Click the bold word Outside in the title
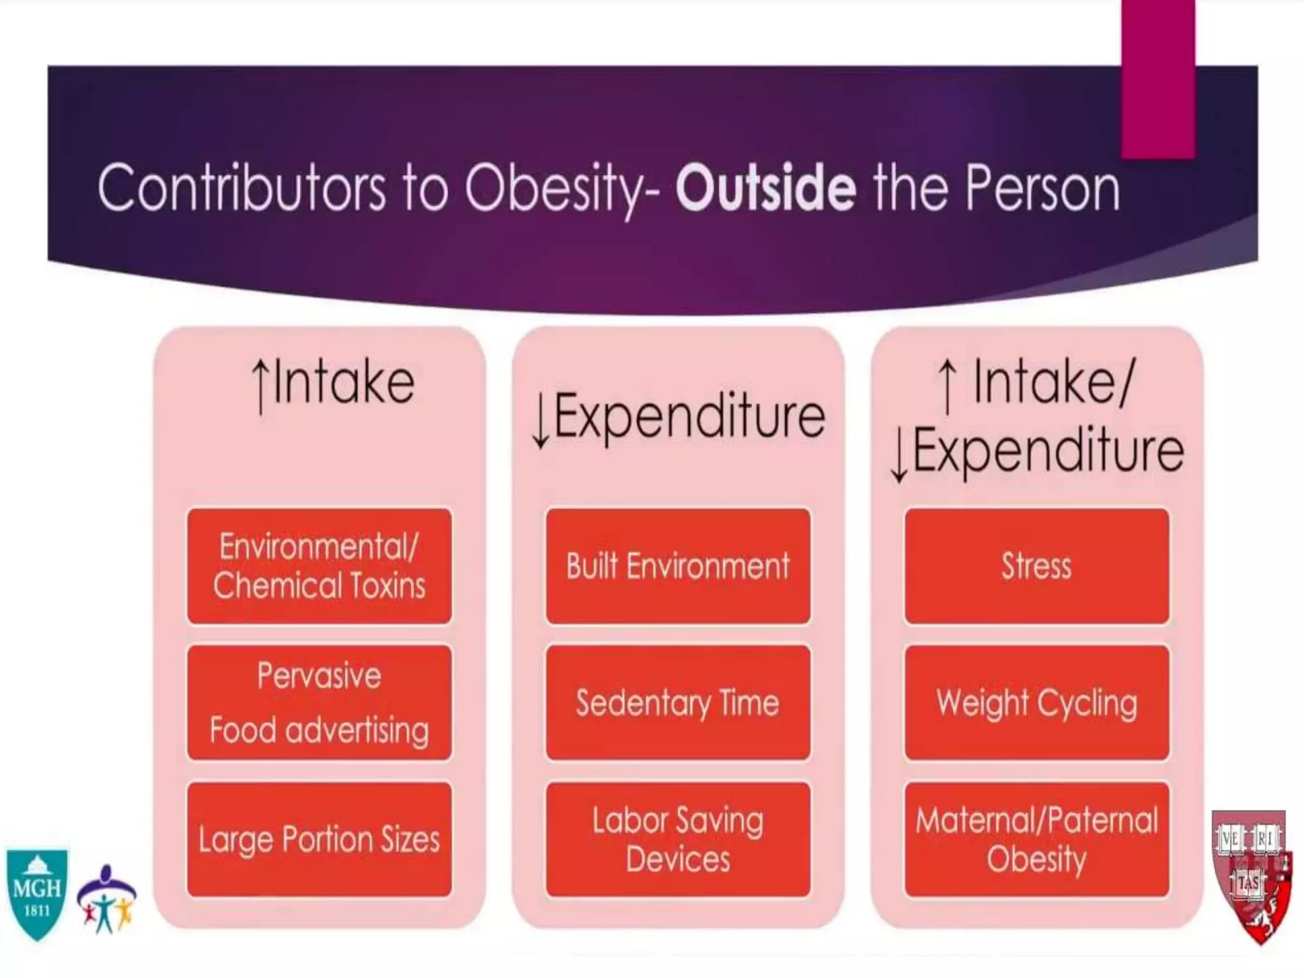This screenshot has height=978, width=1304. pyautogui.click(x=765, y=188)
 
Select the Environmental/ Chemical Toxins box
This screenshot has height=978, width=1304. pyautogui.click(x=319, y=565)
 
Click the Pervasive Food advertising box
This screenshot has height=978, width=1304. pyautogui.click(x=319, y=702)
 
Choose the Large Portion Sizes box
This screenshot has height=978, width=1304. pyautogui.click(x=319, y=839)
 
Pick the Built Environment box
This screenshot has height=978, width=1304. pyautogui.click(x=677, y=565)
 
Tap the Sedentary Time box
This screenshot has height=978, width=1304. pyautogui.click(x=677, y=702)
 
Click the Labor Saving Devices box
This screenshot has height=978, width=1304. pyautogui.click(x=677, y=839)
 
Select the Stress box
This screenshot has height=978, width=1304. pyautogui.click(x=1037, y=565)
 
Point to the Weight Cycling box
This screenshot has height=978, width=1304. pyautogui.click(x=1037, y=702)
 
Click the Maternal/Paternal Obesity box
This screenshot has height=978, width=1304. pyautogui.click(x=1037, y=839)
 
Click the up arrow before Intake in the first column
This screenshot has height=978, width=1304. pyautogui.click(x=260, y=385)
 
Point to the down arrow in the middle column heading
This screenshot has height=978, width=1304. pyautogui.click(x=541, y=420)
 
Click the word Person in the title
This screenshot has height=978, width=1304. pyautogui.click(x=1042, y=188)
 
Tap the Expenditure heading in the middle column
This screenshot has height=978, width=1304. pyautogui.click(x=689, y=417)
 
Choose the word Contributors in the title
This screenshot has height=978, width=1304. pyautogui.click(x=241, y=188)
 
